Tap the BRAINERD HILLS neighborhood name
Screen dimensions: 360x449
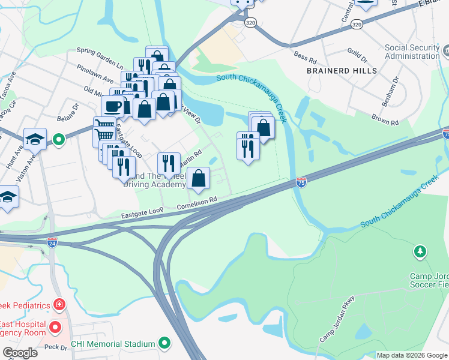pyautogui.click(x=342, y=71)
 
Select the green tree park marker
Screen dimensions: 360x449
pyautogui.click(x=420, y=250)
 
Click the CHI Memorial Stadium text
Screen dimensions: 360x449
pyautogui.click(x=113, y=344)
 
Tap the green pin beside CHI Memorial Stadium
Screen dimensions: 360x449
pyautogui.click(x=164, y=344)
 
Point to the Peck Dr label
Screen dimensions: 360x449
pyautogui.click(x=55, y=347)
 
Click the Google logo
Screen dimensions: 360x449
pyautogui.click(x=20, y=353)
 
